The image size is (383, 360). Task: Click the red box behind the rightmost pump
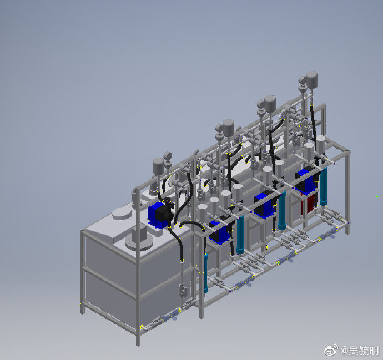[310, 205]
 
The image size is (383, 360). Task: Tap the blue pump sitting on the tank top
[160, 214]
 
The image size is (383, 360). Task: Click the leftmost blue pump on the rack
[220, 232]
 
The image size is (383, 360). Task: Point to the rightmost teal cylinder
[324, 187]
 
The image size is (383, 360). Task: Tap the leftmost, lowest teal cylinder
[206, 273]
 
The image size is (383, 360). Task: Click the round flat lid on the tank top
[122, 214]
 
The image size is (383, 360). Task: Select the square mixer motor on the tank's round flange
[139, 232]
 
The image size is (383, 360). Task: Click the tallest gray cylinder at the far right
[312, 79]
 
